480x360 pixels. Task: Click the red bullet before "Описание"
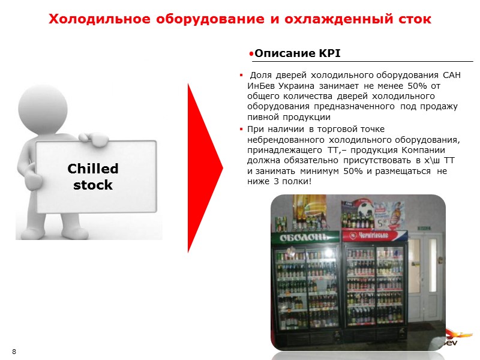point(251,54)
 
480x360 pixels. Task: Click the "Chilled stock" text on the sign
point(93,176)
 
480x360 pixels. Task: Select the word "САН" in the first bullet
point(453,75)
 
